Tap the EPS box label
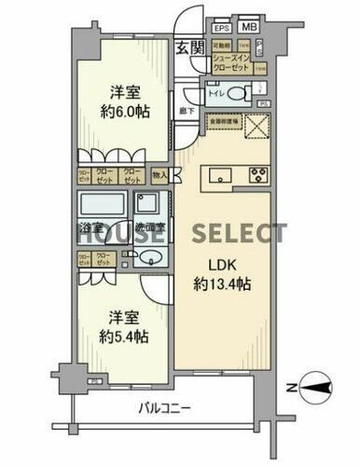pos(222,28)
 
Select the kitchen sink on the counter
pos(220,173)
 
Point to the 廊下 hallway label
pos(187,111)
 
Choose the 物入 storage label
pos(159,174)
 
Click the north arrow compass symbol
pos(316,389)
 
